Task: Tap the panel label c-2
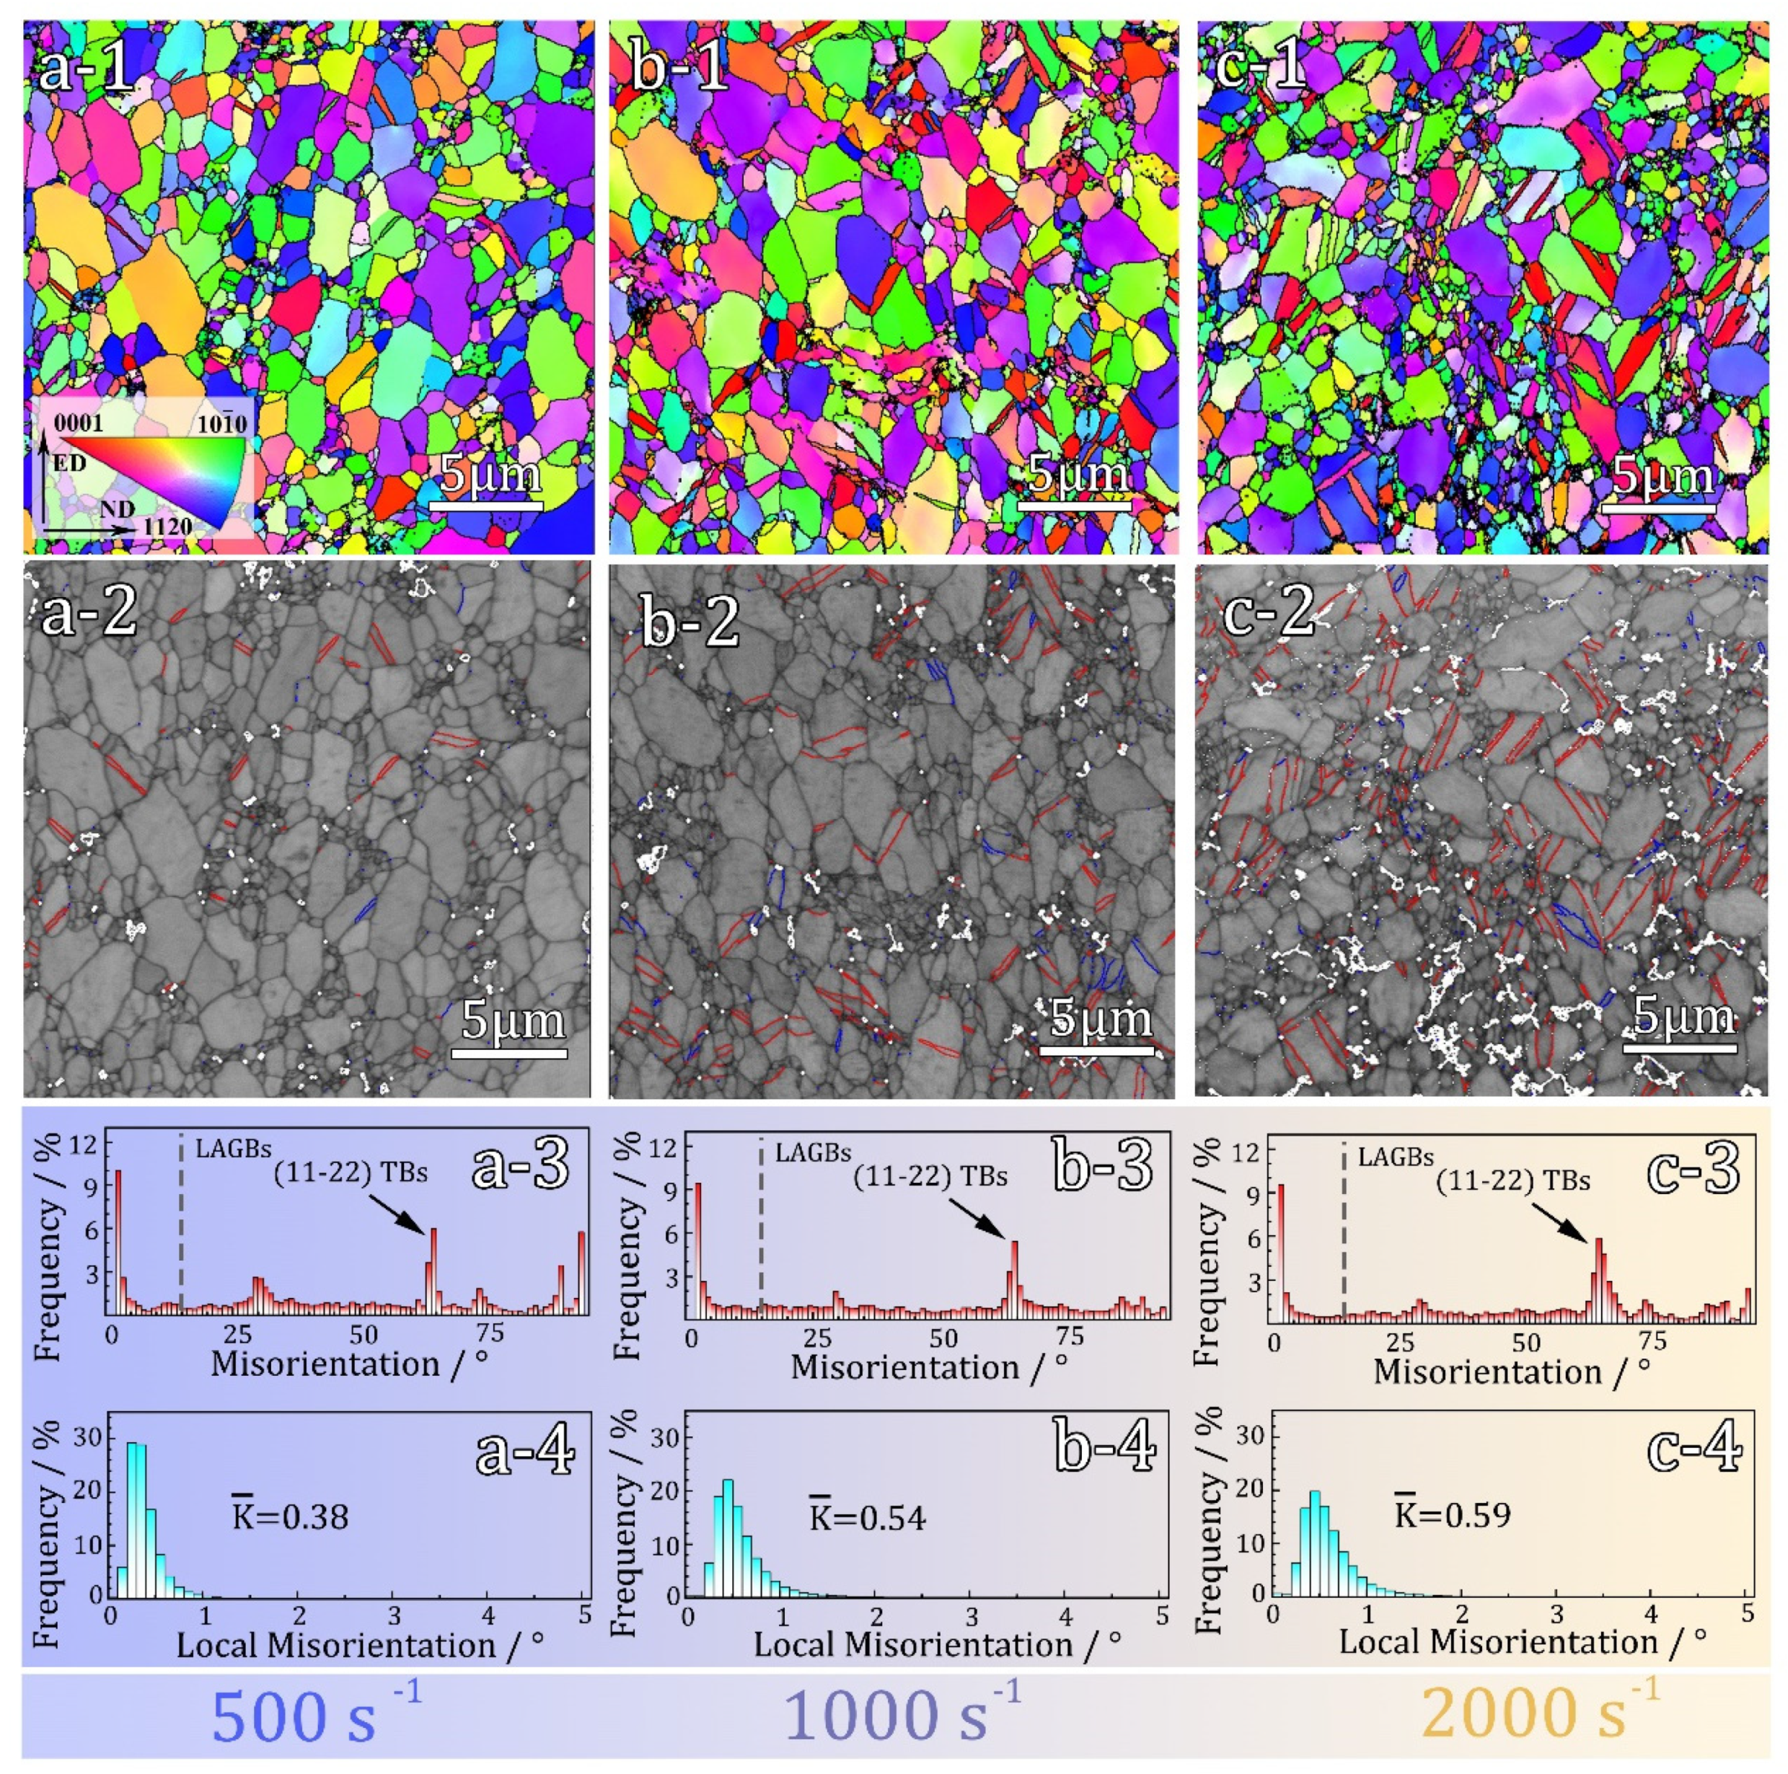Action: [1268, 611]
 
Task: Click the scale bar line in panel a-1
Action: [486, 506]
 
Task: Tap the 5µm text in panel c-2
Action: [1681, 1016]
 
